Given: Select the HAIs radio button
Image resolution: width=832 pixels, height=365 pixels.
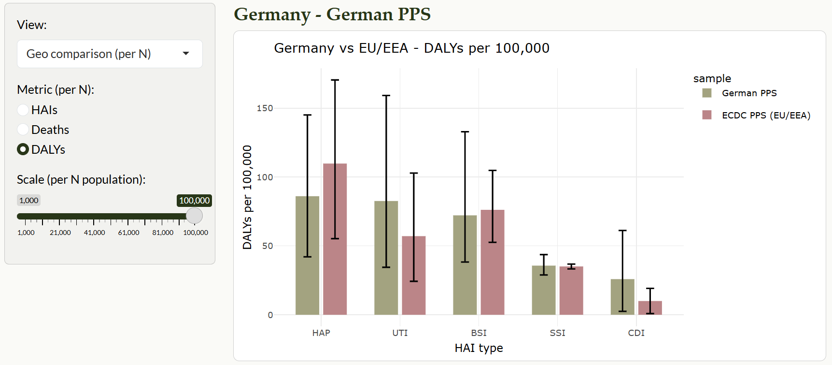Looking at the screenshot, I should point(23,110).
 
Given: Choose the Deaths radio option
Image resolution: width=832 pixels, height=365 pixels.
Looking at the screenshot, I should point(23,130).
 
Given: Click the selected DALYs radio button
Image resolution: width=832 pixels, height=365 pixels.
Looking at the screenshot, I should point(23,149).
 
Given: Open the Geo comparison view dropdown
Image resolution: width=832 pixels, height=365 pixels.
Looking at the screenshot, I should point(110,54).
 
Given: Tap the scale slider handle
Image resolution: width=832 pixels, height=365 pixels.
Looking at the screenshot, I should point(194,216).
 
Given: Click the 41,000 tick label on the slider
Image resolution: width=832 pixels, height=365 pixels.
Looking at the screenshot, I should point(94,233).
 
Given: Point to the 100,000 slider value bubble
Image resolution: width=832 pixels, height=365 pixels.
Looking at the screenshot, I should point(194,200).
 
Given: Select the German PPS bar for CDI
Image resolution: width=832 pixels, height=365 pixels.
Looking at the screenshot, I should point(622,297).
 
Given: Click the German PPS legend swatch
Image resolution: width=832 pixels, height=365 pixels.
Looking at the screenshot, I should point(707,93).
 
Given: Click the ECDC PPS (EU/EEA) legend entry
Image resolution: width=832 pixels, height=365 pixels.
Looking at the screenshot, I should point(765,115).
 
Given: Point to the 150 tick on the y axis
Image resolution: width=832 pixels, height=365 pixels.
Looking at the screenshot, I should point(265,108).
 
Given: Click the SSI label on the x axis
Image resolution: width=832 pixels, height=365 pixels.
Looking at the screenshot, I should point(557,333).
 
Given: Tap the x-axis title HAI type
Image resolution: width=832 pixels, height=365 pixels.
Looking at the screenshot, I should point(479,348).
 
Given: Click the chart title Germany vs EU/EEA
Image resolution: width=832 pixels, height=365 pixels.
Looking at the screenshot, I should point(411,48).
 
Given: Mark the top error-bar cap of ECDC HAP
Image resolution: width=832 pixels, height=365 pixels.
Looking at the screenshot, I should point(335,80).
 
